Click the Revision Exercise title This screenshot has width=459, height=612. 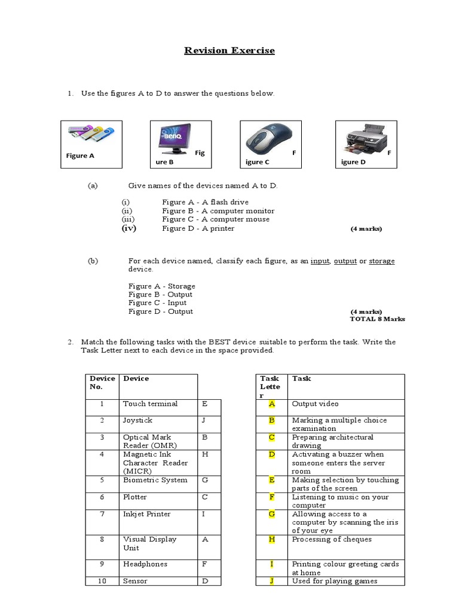(x=229, y=51)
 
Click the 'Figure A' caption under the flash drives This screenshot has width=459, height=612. (x=80, y=156)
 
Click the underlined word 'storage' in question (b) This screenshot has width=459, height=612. (x=381, y=261)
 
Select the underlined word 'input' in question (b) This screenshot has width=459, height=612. (x=320, y=261)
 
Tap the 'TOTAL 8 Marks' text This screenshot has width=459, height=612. (x=377, y=319)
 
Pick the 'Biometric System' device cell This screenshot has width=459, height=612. (x=155, y=480)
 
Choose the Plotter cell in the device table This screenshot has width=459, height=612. (x=135, y=497)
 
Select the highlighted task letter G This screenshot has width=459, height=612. (x=271, y=514)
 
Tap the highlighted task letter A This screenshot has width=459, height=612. (x=271, y=404)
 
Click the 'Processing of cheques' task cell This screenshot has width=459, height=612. (x=332, y=539)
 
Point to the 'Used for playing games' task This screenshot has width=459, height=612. (x=335, y=581)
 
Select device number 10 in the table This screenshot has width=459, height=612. (x=102, y=581)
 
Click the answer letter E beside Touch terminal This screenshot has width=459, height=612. (x=205, y=404)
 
